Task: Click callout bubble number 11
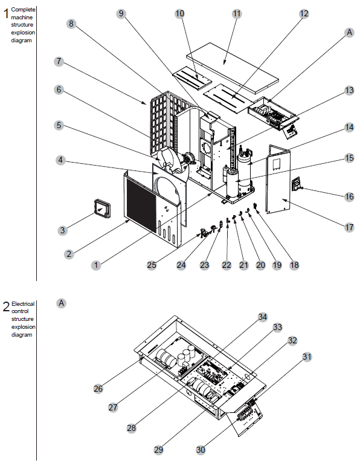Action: [x=236, y=13]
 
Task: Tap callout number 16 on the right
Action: [x=349, y=197]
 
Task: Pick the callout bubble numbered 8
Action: [x=71, y=24]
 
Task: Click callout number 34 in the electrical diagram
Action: [x=262, y=317]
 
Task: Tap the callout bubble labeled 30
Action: [x=201, y=449]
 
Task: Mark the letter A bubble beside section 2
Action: [x=61, y=303]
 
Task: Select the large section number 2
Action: [x=6, y=306]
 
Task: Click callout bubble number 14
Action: [x=349, y=127]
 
